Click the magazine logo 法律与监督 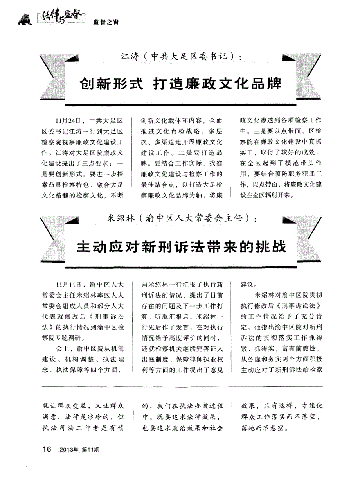tap(59, 17)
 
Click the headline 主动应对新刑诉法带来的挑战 tap(181, 247)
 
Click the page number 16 tap(47, 449)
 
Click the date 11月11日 tap(68, 284)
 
